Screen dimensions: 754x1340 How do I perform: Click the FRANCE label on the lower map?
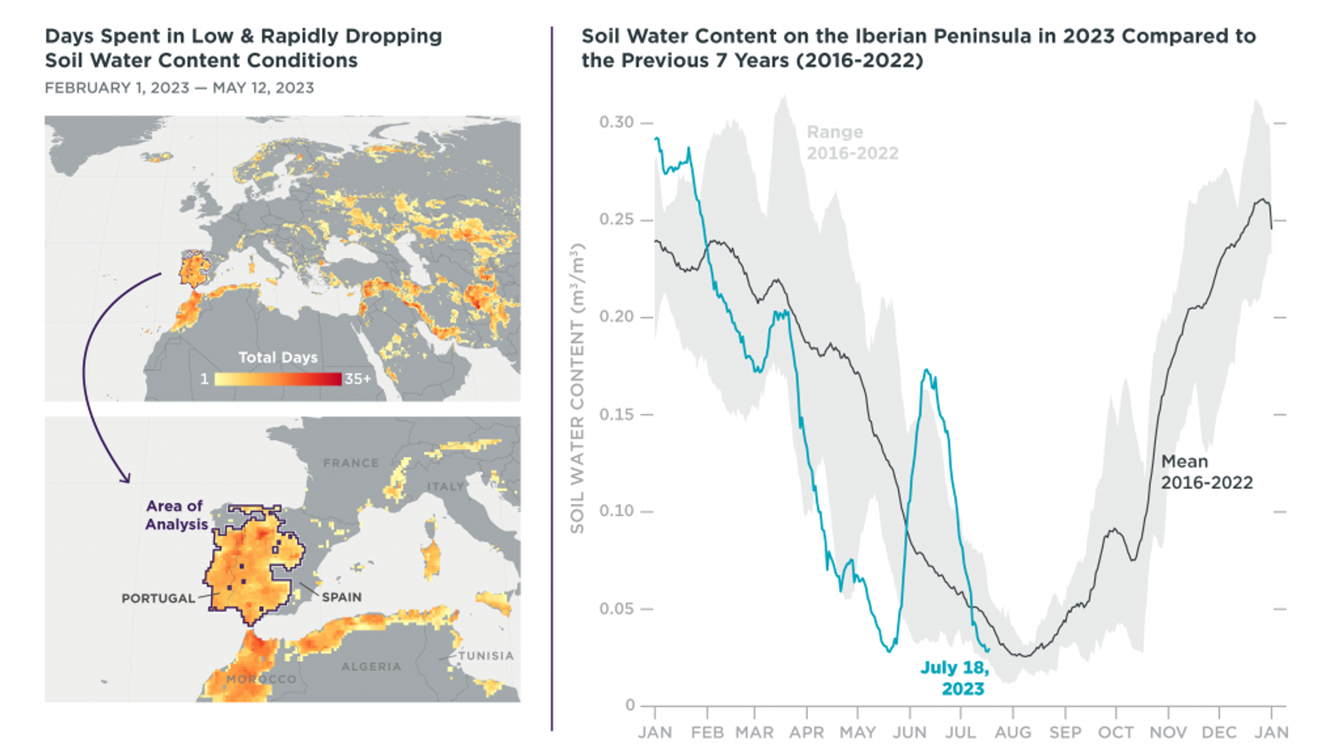pos(351,463)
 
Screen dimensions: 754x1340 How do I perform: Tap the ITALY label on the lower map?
pos(445,486)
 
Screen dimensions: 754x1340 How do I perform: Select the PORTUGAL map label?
pos(158,598)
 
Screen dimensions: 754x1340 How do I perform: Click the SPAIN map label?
pos(342,597)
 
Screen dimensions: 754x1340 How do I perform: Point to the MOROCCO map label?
pos(261,679)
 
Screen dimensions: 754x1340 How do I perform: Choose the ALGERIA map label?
pos(371,666)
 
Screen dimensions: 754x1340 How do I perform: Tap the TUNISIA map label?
pos(485,656)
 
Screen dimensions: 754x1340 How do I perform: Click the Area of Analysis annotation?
pos(176,515)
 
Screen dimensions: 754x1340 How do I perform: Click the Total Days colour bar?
pos(277,379)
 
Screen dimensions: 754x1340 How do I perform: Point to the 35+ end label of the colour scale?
pos(357,379)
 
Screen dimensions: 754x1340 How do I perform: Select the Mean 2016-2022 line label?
pos(1206,472)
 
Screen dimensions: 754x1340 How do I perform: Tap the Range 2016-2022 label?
pos(851,143)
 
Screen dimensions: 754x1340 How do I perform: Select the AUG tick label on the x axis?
pos(1012,732)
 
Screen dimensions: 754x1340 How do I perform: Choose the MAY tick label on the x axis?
pos(857,732)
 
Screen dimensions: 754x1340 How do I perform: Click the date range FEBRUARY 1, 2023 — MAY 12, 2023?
pos(179,88)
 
